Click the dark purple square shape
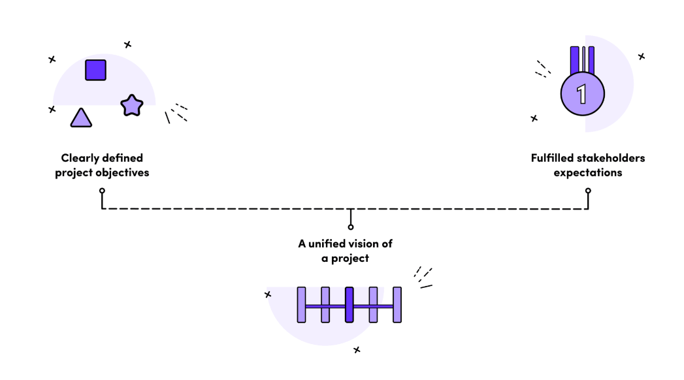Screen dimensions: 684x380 (x=95, y=70)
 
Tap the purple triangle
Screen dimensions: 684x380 (x=81, y=118)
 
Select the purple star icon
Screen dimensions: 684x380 (x=132, y=106)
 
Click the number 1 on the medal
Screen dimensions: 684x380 (x=581, y=94)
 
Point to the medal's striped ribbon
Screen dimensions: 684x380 (x=582, y=59)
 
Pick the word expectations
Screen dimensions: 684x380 (x=588, y=173)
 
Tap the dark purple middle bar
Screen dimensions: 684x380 (x=349, y=305)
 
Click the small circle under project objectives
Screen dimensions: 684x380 (x=102, y=191)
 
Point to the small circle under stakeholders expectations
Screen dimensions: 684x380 (x=588, y=191)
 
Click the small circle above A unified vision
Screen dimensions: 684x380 (x=351, y=227)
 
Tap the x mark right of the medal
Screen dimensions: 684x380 (x=642, y=56)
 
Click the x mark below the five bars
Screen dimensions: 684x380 (x=357, y=349)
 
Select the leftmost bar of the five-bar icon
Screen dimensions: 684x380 (x=301, y=305)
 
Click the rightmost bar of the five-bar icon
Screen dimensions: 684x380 (x=397, y=305)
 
